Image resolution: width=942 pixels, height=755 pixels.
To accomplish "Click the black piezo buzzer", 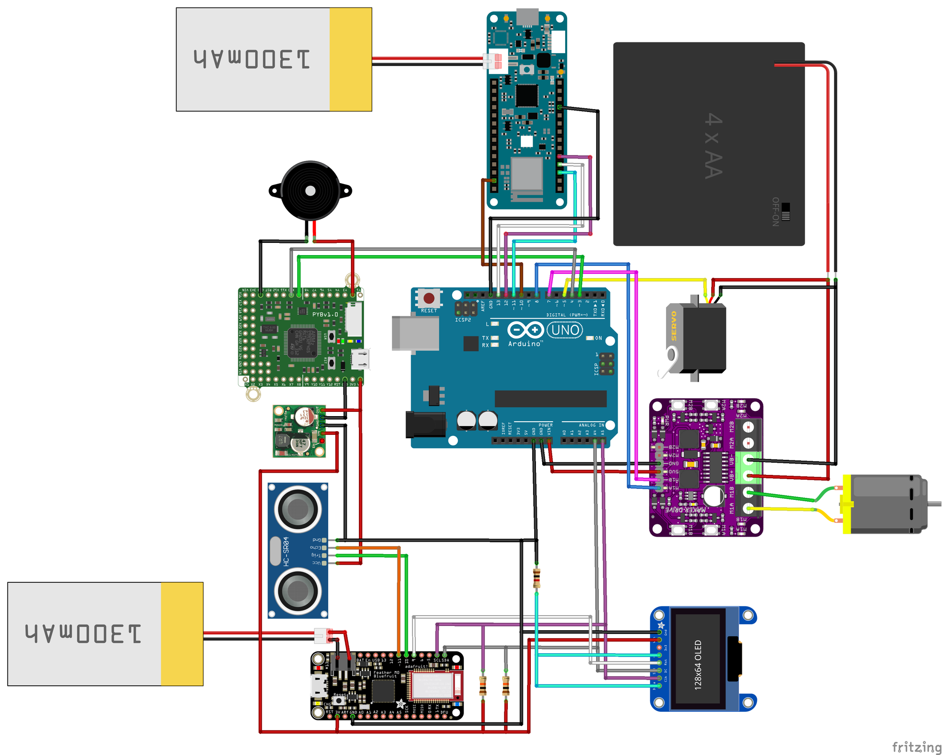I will click(310, 191).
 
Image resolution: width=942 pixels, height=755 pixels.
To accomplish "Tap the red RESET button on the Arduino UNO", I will click(429, 298).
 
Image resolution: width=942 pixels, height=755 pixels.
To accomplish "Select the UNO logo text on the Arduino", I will click(565, 330).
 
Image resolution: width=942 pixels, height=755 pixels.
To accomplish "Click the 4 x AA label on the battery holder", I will click(713, 146).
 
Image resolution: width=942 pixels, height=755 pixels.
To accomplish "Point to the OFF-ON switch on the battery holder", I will click(785, 212).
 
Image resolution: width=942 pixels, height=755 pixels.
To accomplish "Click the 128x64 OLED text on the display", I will click(698, 665).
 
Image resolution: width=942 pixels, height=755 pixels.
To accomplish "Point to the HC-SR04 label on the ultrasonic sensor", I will click(286, 551).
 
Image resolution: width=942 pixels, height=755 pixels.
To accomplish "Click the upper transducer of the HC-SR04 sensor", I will click(298, 509).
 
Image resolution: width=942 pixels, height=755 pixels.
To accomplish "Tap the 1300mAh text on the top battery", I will click(252, 60).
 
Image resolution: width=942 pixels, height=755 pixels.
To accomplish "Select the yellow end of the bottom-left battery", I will click(182, 634).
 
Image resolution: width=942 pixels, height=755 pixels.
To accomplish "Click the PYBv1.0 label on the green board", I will click(325, 314).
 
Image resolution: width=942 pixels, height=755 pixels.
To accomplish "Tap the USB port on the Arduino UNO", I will click(414, 333).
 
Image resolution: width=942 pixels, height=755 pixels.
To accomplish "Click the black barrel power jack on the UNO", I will click(425, 424).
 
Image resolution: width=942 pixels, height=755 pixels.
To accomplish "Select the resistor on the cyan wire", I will click(536, 578).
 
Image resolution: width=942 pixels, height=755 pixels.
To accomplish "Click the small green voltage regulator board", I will click(299, 431).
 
